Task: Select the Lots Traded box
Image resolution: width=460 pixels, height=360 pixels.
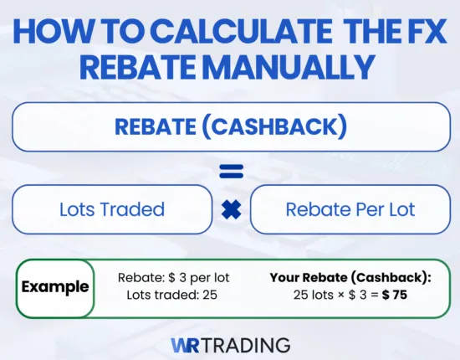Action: [x=112, y=209]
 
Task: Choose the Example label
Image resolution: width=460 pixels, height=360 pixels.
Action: [x=55, y=287]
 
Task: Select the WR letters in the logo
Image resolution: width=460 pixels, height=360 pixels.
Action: [x=185, y=344]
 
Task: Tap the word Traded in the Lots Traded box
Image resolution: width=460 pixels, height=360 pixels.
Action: [x=134, y=209]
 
